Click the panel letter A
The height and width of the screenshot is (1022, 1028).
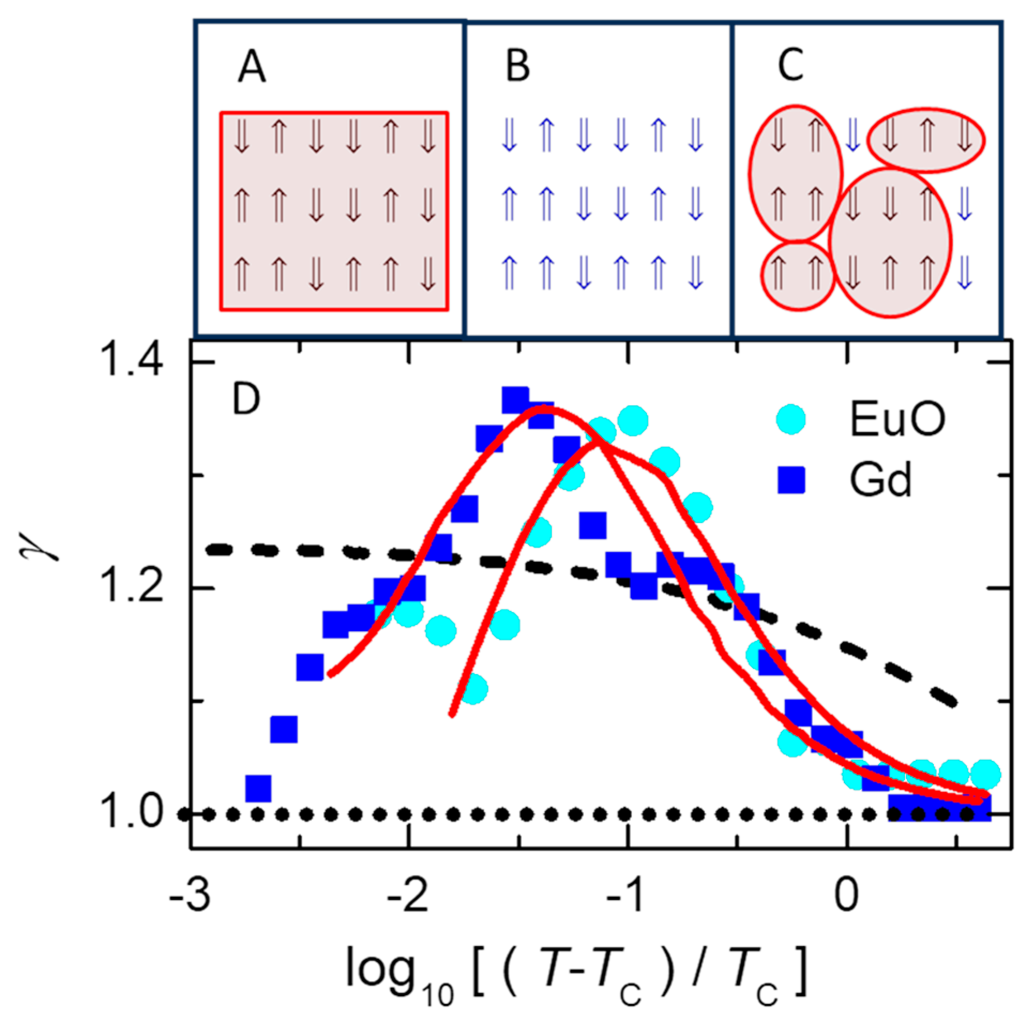(x=252, y=68)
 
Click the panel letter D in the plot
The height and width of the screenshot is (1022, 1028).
(x=246, y=399)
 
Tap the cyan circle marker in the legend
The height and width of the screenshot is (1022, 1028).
(x=791, y=419)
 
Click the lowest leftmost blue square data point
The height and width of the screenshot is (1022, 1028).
(x=258, y=788)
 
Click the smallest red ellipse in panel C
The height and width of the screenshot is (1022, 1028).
(x=798, y=276)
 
